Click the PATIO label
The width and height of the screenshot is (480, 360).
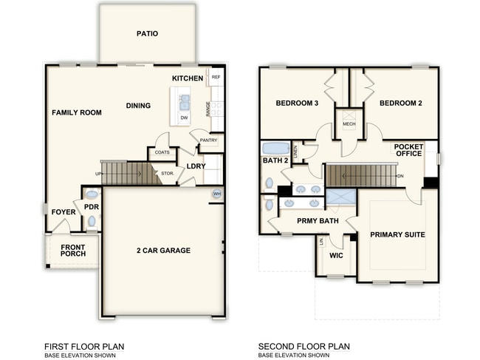coord(148,33)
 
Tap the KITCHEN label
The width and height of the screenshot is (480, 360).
coord(188,78)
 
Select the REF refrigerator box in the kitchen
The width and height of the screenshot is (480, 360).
coord(216,77)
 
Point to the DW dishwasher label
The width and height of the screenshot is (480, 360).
coord(184,118)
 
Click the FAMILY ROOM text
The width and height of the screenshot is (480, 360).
coord(76,112)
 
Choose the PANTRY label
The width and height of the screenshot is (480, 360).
coord(208,140)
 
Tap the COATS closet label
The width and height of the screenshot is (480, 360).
coord(162,152)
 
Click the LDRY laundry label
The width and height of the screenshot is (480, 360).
coord(196,166)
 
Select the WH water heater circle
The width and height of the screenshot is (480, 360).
coord(217,194)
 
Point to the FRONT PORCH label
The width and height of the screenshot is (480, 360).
coord(73,251)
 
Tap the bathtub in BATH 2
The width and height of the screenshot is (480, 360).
coord(276,147)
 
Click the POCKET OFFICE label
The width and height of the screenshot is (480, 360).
coord(408,149)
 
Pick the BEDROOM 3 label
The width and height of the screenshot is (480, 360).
coord(297,103)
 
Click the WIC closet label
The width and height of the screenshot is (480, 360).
coord(336,256)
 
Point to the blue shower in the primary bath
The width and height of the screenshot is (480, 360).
coord(341,197)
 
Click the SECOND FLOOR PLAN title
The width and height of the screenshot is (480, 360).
coord(304,346)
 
